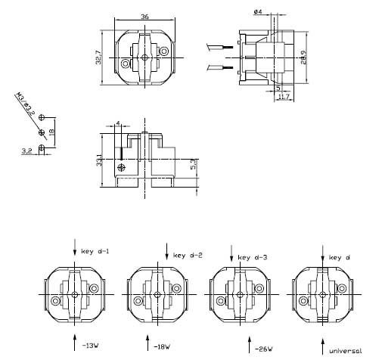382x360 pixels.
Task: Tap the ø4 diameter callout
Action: click(x=257, y=12)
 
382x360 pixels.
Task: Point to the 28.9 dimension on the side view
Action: click(x=303, y=57)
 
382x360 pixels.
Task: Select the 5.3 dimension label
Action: click(x=193, y=163)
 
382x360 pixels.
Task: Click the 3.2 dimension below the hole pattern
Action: click(x=26, y=151)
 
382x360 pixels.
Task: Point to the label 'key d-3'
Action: click(x=254, y=258)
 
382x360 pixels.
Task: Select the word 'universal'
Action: click(x=346, y=350)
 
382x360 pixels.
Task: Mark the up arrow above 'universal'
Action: click(x=323, y=338)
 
